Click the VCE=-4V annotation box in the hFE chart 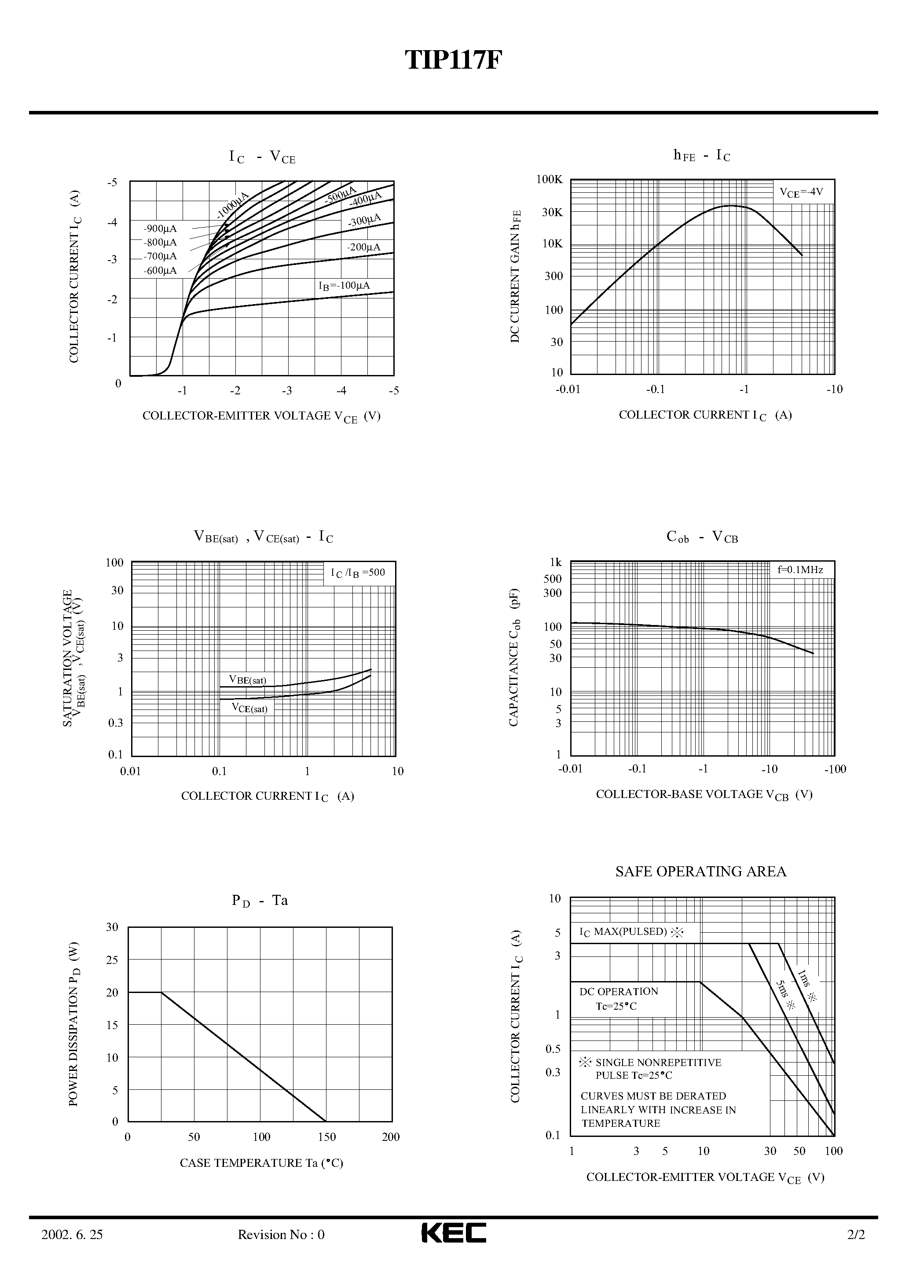[x=801, y=192]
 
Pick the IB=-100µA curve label [x=344, y=286]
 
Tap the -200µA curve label [x=363, y=247]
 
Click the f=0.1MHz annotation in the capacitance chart [x=800, y=570]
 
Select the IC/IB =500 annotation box [x=358, y=573]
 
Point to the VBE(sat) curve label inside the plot [x=247, y=680]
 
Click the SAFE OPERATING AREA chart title [x=700, y=871]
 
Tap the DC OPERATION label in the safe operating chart [x=619, y=992]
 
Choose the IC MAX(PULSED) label [x=631, y=932]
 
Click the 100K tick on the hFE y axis [x=549, y=180]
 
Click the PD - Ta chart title [x=260, y=901]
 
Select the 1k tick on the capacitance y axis [x=555, y=562]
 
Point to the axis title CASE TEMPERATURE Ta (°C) [x=261, y=1163]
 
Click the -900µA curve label [x=160, y=229]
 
